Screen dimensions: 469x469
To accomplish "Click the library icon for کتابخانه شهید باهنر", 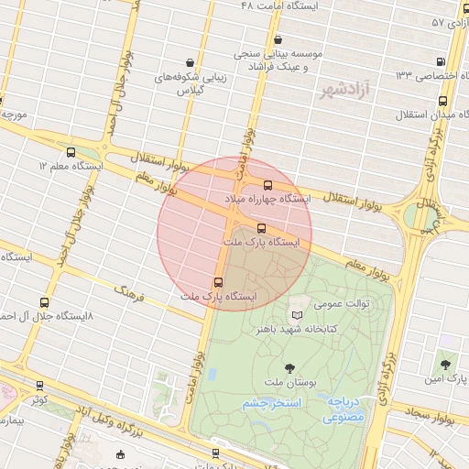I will pyautogui.click(x=296, y=313).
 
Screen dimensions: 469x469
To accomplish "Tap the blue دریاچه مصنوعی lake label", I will pyautogui.click(x=344, y=409).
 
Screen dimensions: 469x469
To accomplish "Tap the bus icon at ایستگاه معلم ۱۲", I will pyautogui.click(x=71, y=152).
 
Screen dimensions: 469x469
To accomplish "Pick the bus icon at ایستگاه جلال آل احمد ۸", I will pyautogui.click(x=44, y=302).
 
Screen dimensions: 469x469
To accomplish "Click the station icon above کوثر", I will pyautogui.click(x=38, y=387).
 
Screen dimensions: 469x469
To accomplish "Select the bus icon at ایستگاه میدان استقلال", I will pyautogui.click(x=443, y=102).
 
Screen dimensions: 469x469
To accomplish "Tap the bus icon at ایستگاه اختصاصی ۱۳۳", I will pyautogui.click(x=442, y=62).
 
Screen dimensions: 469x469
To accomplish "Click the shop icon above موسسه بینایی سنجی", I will pyautogui.click(x=278, y=39).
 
